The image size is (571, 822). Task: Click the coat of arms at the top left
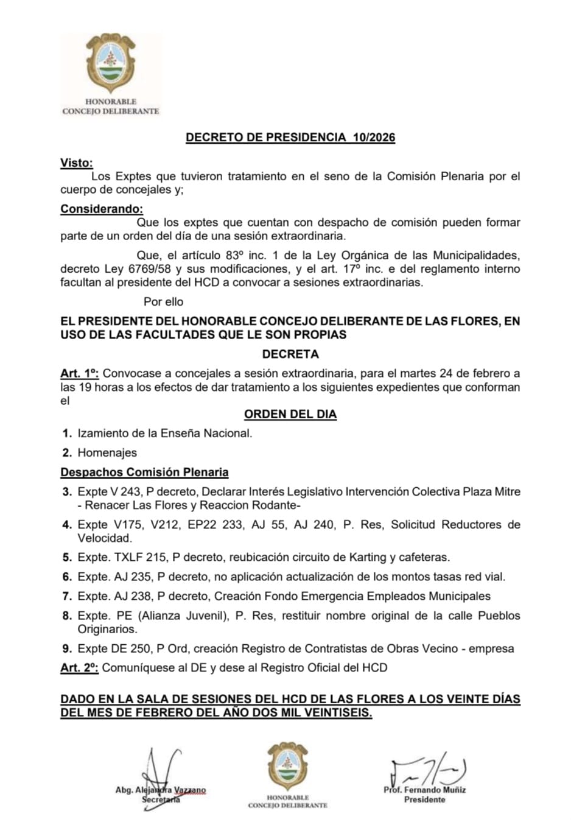[110, 64]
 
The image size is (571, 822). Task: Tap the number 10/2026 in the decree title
[373, 138]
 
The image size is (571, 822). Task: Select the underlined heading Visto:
[77, 163]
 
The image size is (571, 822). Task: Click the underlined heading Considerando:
[102, 209]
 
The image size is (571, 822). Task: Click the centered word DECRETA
[290, 354]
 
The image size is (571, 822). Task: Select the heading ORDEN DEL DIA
[290, 414]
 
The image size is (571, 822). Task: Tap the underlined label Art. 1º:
[80, 373]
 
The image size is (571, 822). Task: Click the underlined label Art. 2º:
[80, 668]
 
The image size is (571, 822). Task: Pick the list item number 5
[67, 557]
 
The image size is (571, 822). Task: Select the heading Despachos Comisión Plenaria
[144, 472]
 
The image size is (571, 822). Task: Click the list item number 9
[67, 648]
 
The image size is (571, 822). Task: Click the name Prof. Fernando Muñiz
[424, 790]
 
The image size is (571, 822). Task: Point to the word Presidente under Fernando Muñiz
[424, 799]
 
